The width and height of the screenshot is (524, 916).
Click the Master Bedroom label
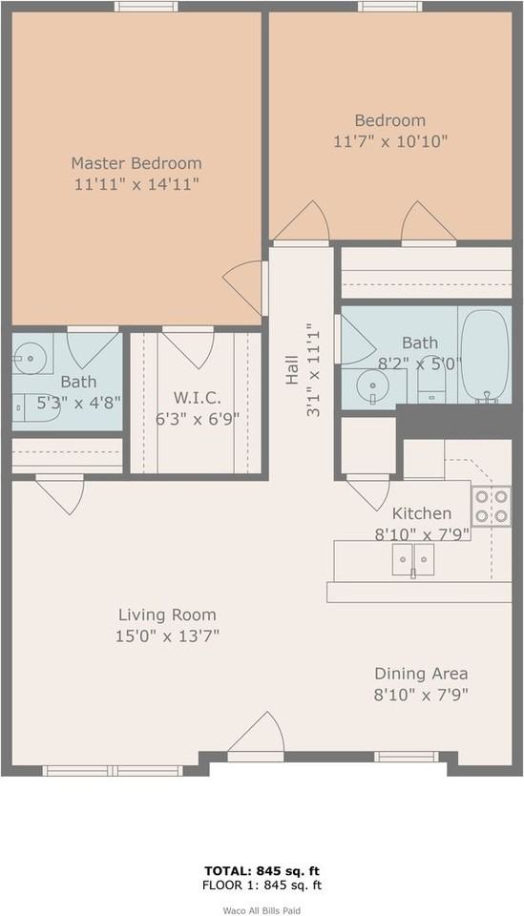pyautogui.click(x=136, y=163)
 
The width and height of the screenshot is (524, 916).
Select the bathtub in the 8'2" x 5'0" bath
pyautogui.click(x=486, y=356)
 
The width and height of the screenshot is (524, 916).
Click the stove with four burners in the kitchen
pyautogui.click(x=491, y=506)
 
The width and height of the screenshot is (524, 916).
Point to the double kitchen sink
pyautogui.click(x=412, y=559)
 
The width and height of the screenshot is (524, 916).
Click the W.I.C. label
pyautogui.click(x=198, y=397)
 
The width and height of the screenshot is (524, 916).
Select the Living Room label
pyautogui.click(x=167, y=615)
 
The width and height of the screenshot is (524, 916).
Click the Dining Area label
pyautogui.click(x=421, y=673)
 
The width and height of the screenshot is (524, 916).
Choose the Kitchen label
pyautogui.click(x=421, y=513)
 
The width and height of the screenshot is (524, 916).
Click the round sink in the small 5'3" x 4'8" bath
pyautogui.click(x=31, y=361)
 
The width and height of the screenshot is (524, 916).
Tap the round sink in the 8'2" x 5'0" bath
pyautogui.click(x=372, y=386)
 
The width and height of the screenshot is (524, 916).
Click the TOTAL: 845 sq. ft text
pyautogui.click(x=262, y=870)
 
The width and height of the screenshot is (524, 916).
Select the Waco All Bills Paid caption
pyautogui.click(x=262, y=910)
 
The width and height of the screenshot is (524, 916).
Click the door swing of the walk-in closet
pyautogui.click(x=188, y=347)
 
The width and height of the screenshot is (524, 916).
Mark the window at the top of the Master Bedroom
pyautogui.click(x=145, y=7)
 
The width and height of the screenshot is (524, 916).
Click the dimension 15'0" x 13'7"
pyautogui.click(x=167, y=636)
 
